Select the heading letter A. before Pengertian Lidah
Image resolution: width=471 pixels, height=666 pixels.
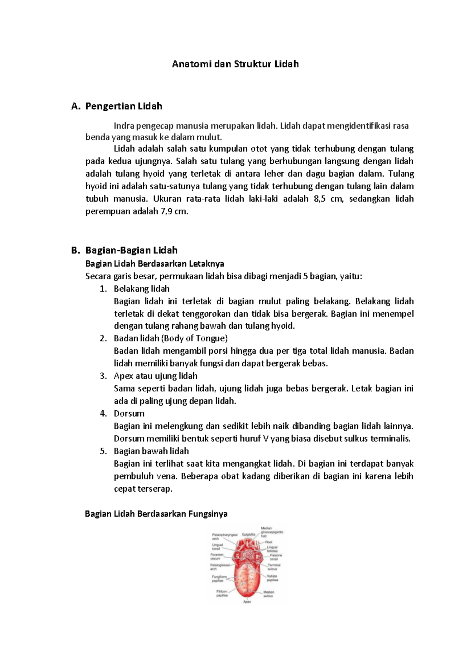click(x=76, y=106)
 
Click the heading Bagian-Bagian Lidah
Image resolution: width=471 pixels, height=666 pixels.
click(x=131, y=251)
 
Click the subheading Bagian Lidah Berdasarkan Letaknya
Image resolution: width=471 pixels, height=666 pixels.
click(x=155, y=263)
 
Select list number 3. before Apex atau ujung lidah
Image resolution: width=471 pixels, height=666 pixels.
click(x=103, y=376)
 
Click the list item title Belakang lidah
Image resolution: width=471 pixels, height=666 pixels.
click(x=142, y=289)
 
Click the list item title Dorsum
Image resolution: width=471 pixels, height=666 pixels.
click(x=129, y=414)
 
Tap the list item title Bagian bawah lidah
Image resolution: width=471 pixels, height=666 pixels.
click(x=152, y=451)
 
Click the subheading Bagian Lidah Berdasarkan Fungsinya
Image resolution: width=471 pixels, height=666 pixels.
click(x=156, y=514)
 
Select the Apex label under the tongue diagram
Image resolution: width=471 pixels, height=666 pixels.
click(x=247, y=602)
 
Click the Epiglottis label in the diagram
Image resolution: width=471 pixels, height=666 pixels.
click(x=248, y=534)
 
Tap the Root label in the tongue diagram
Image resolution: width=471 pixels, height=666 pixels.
click(x=269, y=542)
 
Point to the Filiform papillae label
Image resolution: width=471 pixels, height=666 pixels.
click(x=222, y=593)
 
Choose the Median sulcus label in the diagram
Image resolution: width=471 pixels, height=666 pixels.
click(x=269, y=594)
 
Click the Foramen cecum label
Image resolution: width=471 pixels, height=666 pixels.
click(x=217, y=556)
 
